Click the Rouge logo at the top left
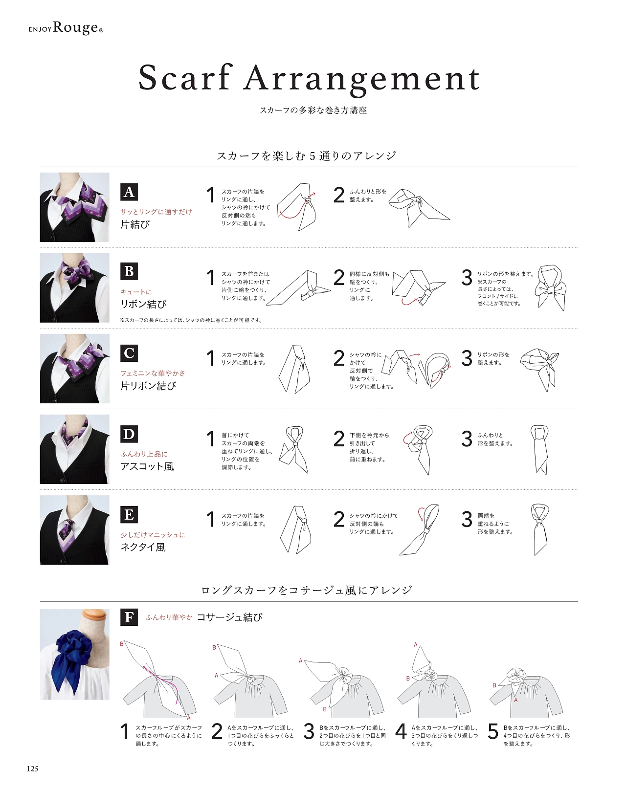tap(66, 28)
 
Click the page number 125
tap(32, 768)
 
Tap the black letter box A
tap(129, 192)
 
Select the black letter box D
tap(129, 434)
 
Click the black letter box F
tap(129, 617)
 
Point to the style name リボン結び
tap(143, 304)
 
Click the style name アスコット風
tap(147, 466)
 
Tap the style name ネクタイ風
tap(143, 547)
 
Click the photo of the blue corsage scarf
tap(75, 654)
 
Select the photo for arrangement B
tap(75, 288)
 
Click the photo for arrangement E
tap(75, 530)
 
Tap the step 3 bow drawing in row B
tap(551, 288)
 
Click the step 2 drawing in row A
tap(419, 208)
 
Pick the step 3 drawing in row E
tap(539, 529)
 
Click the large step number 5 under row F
tap(493, 731)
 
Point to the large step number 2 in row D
tap(339, 439)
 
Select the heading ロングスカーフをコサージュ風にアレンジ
tap(307, 590)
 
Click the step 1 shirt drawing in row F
tap(159, 681)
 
